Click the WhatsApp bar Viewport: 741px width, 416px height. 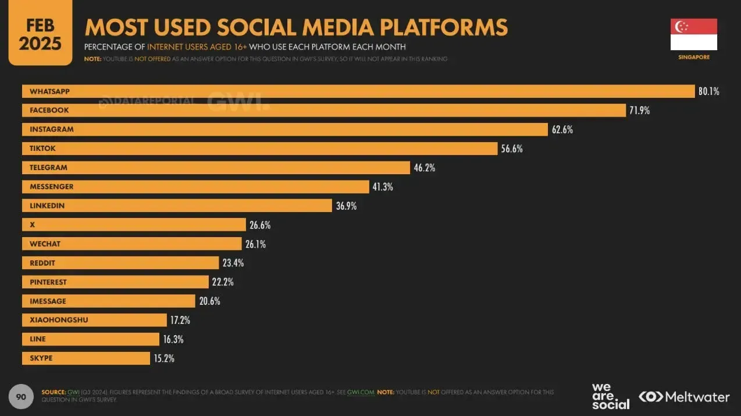[358, 91]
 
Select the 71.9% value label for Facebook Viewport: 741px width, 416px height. [639, 110]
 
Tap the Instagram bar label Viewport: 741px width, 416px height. [52, 129]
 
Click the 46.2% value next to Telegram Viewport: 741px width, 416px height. [424, 168]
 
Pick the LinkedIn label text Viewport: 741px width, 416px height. [47, 206]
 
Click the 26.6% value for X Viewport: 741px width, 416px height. [260, 225]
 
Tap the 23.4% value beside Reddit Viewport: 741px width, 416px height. [233, 263]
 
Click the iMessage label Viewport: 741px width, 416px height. [48, 301]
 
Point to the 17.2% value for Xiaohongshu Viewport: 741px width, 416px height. [180, 320]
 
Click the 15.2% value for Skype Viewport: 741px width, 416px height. [164, 358]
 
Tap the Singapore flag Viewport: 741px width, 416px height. [693, 34]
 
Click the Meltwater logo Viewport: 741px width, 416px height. [684, 397]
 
